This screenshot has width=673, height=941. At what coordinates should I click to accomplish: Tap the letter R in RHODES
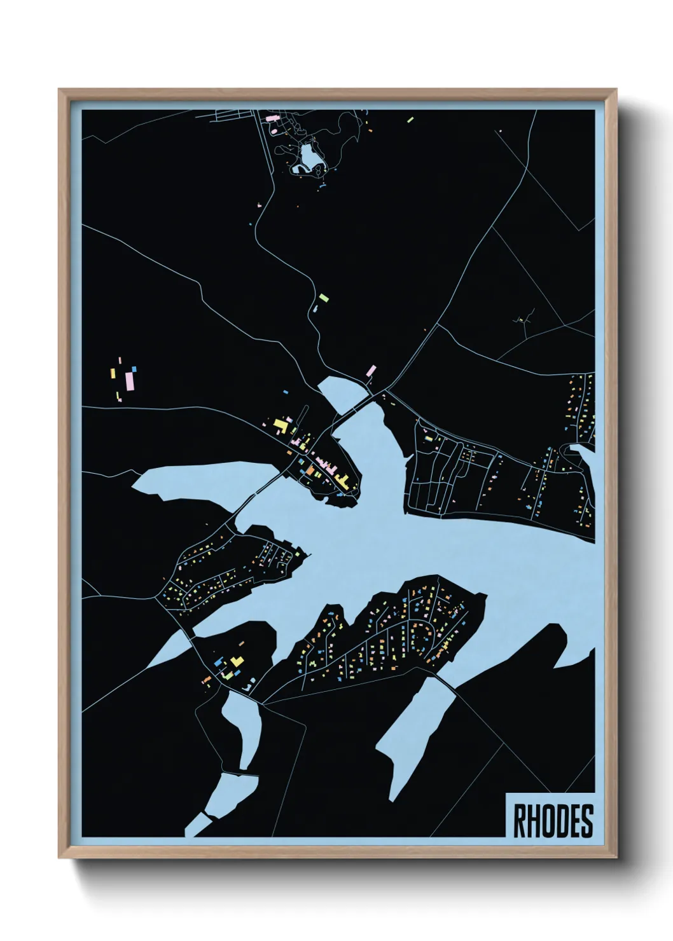pos(518,821)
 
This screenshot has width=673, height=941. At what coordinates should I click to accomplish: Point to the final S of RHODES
pos(586,821)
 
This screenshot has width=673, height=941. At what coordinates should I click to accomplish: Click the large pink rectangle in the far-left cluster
pos(130,381)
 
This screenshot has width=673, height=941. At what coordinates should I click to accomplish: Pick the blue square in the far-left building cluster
pos(135,367)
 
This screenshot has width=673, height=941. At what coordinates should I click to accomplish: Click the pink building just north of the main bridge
pos(370,370)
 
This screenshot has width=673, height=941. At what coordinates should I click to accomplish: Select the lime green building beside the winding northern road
pos(324,296)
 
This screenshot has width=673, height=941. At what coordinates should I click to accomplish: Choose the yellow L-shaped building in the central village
pos(279,423)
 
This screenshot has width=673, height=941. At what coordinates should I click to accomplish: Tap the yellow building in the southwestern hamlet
pos(236,662)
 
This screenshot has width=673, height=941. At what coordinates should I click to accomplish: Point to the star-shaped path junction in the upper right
pos(523,320)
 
